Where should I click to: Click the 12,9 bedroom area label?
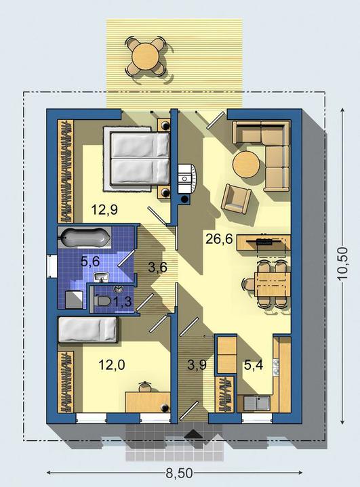tap(104, 210)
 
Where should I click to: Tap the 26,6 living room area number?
tap(219, 240)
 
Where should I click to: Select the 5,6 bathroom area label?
tap(90, 261)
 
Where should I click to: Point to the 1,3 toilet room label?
tap(122, 301)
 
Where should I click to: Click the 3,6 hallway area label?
tap(157, 268)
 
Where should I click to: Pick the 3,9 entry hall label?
tap(197, 364)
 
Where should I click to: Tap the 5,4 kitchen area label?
tap(254, 364)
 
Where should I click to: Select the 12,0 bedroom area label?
tap(112, 364)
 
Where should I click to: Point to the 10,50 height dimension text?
tap(342, 264)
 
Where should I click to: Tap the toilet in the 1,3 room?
tap(102, 301)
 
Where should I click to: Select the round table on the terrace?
tap(146, 56)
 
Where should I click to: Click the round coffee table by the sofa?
tap(246, 164)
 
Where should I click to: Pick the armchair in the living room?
tap(236, 198)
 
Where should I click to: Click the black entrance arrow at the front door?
tap(194, 434)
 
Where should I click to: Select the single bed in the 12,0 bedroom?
tap(87, 330)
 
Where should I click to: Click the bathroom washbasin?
tap(101, 277)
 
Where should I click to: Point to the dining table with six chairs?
tap(270, 284)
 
